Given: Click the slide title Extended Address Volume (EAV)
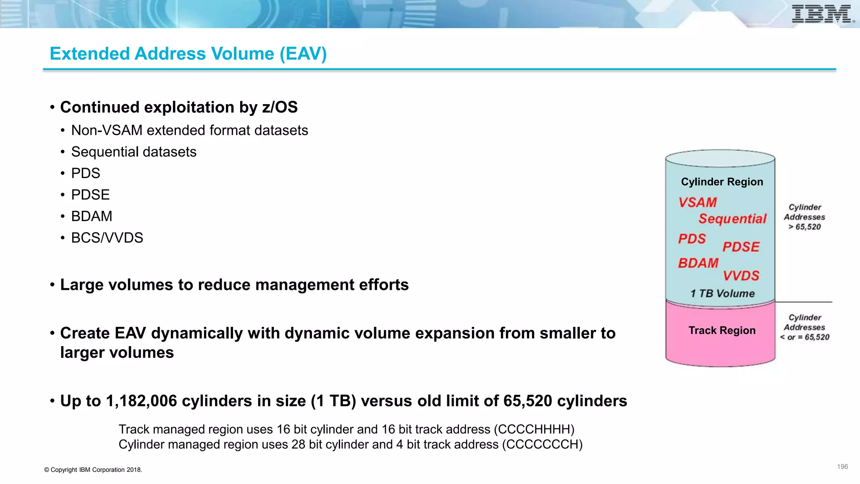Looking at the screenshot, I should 188,54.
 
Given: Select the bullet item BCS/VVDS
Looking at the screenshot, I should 107,238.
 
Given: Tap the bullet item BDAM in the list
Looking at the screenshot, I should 92,216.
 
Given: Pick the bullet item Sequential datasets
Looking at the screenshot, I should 134,152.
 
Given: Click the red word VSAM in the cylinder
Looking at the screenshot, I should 697,203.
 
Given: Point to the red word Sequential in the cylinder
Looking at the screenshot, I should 732,219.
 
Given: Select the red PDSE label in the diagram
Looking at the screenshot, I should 741,247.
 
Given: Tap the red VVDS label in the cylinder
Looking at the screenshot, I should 741,276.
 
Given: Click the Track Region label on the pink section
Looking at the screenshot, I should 722,331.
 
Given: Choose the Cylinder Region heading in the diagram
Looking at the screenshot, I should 722,182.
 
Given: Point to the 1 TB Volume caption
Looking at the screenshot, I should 722,294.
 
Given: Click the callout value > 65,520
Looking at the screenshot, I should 805,227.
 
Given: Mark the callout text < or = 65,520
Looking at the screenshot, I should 805,337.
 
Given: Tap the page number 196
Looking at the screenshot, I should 842,467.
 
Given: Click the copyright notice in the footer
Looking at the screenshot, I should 93,470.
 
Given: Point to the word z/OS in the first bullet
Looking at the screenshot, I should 280,108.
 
